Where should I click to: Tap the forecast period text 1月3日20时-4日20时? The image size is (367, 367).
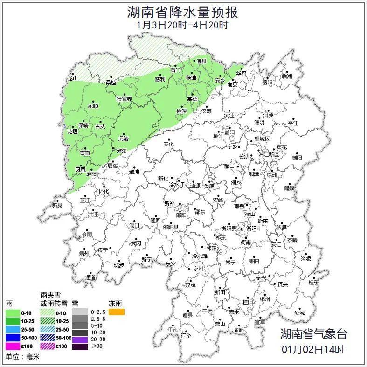click(183, 25)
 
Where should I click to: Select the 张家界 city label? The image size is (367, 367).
click(124, 99)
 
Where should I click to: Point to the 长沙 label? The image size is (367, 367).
click(244, 156)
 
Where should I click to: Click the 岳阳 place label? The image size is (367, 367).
click(267, 83)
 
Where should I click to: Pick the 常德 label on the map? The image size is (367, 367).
click(192, 99)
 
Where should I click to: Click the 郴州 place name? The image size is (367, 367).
click(264, 299)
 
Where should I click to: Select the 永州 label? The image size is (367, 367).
click(198, 269)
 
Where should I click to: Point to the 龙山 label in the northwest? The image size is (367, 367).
click(72, 78)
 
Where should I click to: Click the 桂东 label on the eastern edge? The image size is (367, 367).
click(313, 282)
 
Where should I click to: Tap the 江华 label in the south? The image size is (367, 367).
click(186, 335)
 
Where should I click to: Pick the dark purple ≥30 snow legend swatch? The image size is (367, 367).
click(80, 346)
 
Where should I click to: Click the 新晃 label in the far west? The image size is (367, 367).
click(57, 205)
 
